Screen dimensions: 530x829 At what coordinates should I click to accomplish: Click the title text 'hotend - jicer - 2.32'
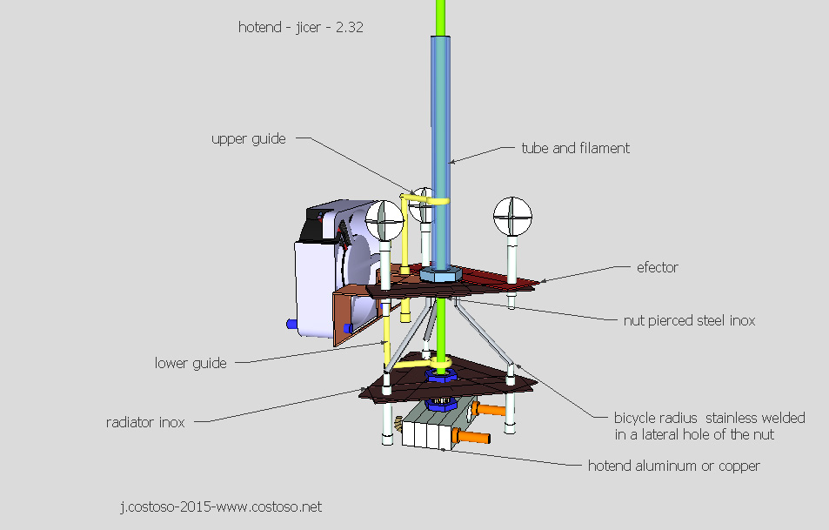point(300,27)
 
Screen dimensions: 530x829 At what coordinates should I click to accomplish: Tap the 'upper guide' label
point(248,138)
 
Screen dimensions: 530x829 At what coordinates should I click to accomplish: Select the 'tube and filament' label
point(575,148)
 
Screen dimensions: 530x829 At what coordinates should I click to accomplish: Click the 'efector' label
point(657,267)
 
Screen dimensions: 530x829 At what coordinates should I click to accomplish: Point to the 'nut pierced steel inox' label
point(689,320)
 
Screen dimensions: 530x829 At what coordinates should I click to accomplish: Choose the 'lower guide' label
point(191,363)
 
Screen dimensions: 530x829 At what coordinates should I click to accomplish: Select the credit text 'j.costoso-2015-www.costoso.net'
point(220,506)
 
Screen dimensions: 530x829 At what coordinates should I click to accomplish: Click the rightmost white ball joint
point(511,215)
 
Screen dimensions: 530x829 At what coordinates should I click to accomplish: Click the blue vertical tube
point(443,148)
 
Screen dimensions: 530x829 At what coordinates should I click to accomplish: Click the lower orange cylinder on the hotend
point(473,435)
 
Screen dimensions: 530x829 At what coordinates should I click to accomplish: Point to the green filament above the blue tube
point(443,17)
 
